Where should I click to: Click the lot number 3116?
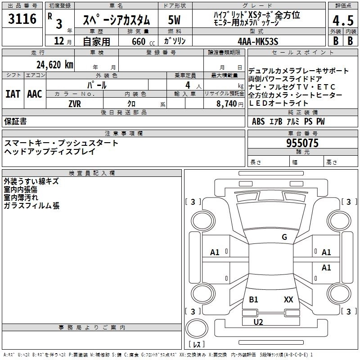[x=22, y=18]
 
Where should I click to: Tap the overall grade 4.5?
[x=343, y=20]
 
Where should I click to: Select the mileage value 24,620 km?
[x=55, y=64]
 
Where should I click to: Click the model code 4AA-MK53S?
[x=258, y=41]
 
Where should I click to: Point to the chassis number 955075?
[x=302, y=143]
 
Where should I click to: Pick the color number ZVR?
[x=75, y=104]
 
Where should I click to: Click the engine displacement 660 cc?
[x=143, y=41]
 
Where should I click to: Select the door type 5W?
[x=174, y=20]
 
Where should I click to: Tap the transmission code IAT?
[x=13, y=94]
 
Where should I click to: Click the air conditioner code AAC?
[x=35, y=94]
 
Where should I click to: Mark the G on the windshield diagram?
[x=284, y=237]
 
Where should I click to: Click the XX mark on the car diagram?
[x=288, y=299]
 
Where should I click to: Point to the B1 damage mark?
[x=253, y=299]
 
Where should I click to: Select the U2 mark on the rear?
[x=258, y=322]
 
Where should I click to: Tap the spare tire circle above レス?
[x=197, y=328]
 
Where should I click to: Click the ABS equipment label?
[x=258, y=121]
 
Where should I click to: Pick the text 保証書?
[x=15, y=121]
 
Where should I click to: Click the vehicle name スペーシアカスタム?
[x=116, y=20]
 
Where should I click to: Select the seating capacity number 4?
[x=188, y=85]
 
